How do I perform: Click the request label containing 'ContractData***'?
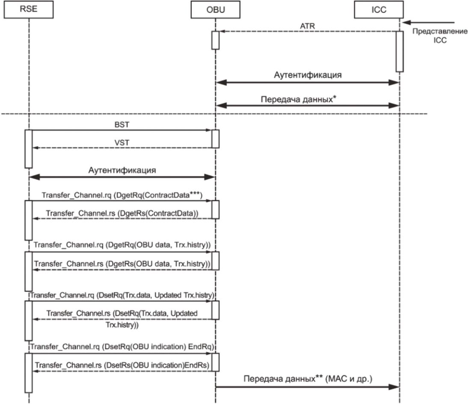pyautogui.click(x=121, y=195)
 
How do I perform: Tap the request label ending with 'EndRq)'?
pyautogui.click(x=121, y=348)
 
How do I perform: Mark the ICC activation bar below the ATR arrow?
pyautogui.click(x=399, y=51)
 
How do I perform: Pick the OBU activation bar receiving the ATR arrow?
pyautogui.click(x=215, y=40)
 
